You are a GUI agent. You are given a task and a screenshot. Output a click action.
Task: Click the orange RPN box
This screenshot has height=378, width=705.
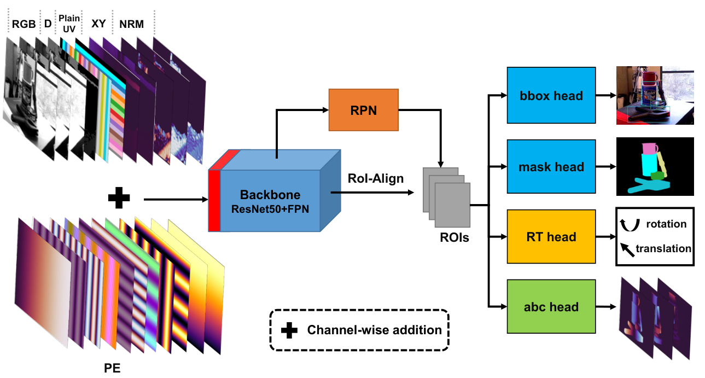(364, 110)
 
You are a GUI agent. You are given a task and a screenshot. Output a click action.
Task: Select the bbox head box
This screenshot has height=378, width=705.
(551, 95)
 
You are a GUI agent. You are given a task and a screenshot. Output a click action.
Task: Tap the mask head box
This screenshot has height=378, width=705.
(551, 166)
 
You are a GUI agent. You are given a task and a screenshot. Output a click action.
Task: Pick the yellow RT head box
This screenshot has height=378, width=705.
(551, 236)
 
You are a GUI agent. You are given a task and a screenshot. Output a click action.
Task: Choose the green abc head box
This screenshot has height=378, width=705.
(551, 306)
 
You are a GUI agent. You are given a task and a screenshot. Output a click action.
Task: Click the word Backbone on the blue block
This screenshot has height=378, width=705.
(270, 195)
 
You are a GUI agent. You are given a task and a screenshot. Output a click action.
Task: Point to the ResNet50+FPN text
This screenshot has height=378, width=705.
(270, 209)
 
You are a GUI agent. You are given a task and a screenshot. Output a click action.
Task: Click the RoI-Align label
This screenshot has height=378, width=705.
(376, 178)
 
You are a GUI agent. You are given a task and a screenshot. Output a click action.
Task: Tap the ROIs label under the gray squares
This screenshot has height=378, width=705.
(454, 237)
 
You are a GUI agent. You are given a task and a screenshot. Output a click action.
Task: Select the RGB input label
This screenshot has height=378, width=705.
(24, 24)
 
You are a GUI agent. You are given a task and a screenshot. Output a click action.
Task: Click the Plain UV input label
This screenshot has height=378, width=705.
(69, 24)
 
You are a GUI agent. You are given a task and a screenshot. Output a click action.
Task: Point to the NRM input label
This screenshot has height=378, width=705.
(132, 24)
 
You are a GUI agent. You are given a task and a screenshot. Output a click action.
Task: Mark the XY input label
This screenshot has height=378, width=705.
(98, 24)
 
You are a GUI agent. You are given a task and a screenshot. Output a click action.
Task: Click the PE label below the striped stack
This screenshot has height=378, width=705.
(112, 368)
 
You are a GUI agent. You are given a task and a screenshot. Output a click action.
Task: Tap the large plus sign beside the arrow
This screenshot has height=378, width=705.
(119, 197)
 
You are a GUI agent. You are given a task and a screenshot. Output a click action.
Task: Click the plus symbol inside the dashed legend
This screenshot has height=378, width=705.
(289, 330)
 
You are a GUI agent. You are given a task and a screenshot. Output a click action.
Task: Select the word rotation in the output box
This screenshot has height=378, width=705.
(666, 224)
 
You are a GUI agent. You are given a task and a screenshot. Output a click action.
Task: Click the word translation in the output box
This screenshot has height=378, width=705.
(663, 248)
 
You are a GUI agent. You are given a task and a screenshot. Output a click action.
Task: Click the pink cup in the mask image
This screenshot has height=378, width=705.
(650, 149)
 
